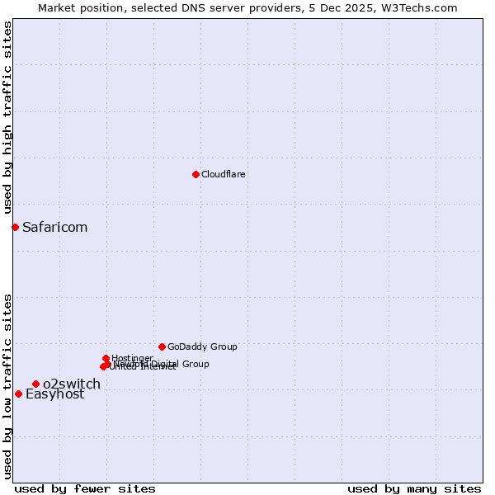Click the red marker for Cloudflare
click(196, 174)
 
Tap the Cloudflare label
click(224, 174)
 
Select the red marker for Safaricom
click(15, 227)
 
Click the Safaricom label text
click(54, 227)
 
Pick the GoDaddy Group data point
click(162, 346)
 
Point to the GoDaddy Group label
click(202, 346)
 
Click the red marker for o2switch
click(35, 384)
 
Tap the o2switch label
click(72, 384)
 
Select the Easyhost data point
click(18, 394)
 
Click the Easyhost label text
click(54, 394)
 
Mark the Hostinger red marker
click(106, 358)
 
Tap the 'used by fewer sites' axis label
click(85, 488)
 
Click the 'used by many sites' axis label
click(414, 488)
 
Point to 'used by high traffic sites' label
click(8, 117)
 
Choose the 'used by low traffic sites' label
click(8, 386)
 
